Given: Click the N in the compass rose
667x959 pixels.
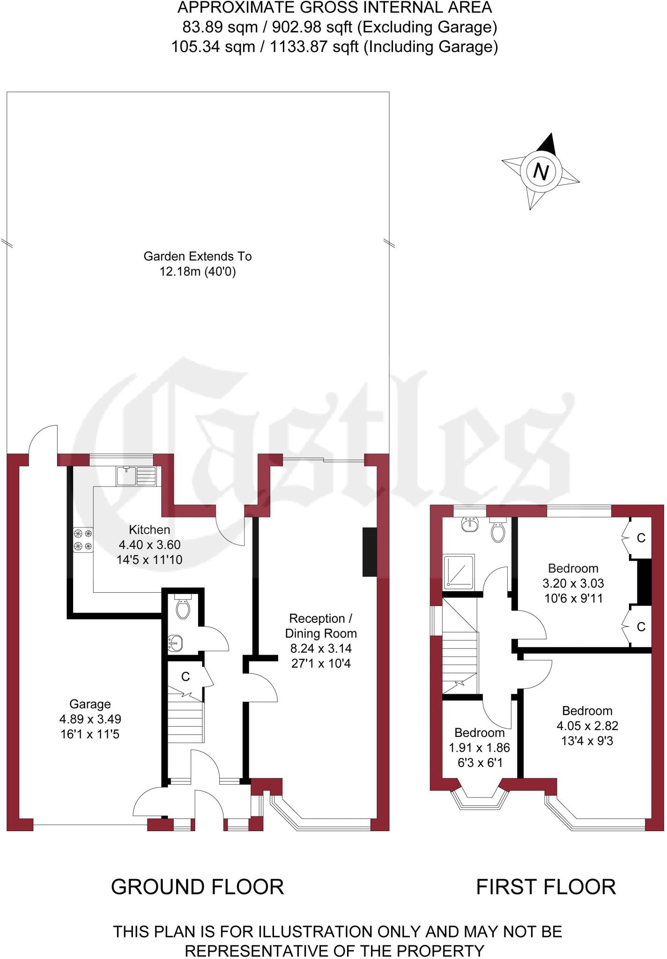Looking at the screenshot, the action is click(541, 172).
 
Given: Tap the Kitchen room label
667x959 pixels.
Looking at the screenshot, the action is click(149, 530).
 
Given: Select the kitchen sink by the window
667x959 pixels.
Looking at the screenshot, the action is click(136, 476).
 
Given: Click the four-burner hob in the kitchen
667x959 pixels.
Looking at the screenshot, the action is click(83, 539).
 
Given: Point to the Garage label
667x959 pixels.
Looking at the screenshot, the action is click(90, 704).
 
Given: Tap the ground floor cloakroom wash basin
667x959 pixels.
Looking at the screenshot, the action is click(175, 643).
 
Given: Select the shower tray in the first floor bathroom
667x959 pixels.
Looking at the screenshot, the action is click(459, 570).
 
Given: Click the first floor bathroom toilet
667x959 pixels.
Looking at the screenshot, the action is click(497, 530).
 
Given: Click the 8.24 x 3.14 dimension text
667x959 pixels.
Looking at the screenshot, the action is click(321, 649).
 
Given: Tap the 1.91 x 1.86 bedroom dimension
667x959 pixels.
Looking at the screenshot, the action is click(479, 748).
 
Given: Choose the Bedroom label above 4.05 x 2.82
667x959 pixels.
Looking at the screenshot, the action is click(587, 710).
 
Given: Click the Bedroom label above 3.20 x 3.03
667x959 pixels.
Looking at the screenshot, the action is click(573, 568).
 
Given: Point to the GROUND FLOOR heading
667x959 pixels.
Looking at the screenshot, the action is click(198, 887).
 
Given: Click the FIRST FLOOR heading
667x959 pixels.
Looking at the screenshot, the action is click(546, 887).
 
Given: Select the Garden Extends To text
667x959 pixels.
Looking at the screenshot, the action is click(198, 256).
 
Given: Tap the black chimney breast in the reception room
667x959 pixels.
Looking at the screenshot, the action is click(370, 552).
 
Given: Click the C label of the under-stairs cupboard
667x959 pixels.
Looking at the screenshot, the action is click(185, 676).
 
